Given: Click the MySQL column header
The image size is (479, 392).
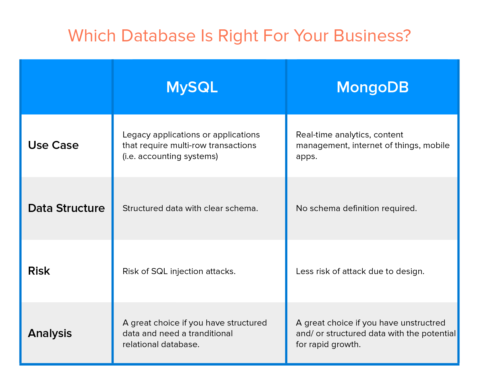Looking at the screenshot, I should [x=192, y=87].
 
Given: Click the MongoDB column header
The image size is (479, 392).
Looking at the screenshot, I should [x=372, y=87].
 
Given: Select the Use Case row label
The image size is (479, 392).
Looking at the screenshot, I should [x=53, y=145].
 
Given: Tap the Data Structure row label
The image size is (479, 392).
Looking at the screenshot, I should [x=66, y=208].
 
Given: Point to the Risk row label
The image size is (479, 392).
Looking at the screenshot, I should [x=39, y=271].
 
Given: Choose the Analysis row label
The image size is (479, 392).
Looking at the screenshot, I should [x=50, y=333].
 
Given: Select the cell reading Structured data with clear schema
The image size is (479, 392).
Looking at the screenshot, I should [x=190, y=208].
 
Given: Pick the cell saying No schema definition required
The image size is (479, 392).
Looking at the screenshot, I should [x=356, y=208].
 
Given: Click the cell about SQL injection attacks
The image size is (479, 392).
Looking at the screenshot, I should [x=179, y=271].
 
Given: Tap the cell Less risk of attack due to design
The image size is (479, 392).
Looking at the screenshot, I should [x=360, y=271].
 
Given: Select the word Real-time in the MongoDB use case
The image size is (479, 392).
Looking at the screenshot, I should [x=310, y=135].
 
